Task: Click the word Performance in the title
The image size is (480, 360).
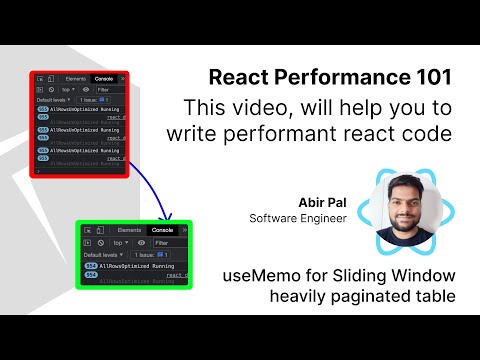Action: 345,78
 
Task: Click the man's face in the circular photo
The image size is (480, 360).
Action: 406,204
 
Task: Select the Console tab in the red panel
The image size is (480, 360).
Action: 103,79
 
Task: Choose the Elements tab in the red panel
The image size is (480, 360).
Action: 75,79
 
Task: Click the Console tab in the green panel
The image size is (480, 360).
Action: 160,230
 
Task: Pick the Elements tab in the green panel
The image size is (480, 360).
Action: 130,230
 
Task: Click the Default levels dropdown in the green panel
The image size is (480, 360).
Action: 104,255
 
